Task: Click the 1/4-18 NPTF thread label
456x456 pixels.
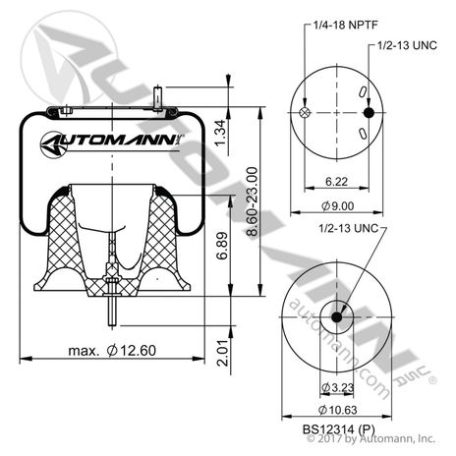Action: point(346,25)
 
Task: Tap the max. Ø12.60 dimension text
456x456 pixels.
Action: point(112,351)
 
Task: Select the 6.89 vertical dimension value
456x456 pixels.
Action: point(222,246)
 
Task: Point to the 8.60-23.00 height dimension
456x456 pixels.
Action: point(253,201)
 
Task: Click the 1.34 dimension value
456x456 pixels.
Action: point(221,133)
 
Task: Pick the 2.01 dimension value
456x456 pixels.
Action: point(223,353)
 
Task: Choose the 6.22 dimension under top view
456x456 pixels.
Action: point(336,181)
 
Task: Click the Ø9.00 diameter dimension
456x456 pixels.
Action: point(337,205)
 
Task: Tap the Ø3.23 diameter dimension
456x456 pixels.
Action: point(337,387)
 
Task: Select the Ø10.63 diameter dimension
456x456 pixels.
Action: point(337,410)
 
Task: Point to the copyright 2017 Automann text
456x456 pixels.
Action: point(370,438)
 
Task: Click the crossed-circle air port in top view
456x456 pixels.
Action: point(305,113)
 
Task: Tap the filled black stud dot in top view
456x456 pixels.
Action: point(369,113)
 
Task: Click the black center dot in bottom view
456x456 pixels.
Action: point(336,317)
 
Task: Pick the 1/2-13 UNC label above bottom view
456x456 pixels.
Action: point(349,228)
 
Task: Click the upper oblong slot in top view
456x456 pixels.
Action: point(363,91)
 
